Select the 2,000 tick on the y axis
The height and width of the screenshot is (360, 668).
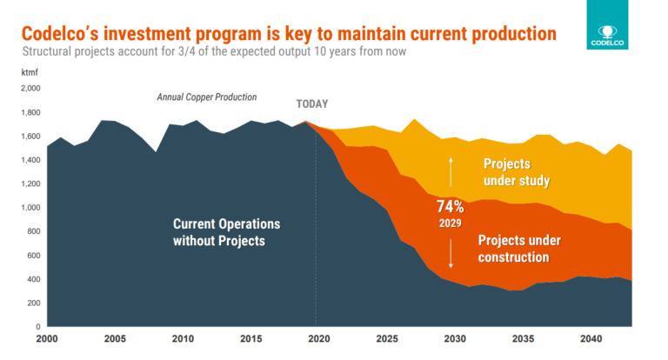tap(30, 89)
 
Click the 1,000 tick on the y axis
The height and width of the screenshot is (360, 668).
tap(30, 208)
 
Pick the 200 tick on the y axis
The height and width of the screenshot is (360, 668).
tap(33, 303)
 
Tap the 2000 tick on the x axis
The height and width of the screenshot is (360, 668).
tap(48, 339)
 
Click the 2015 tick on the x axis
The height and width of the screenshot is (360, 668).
tap(250, 339)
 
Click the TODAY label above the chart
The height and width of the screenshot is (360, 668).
tap(312, 104)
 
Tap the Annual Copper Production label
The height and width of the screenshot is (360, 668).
tap(206, 97)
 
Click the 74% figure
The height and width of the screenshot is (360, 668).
tap(451, 207)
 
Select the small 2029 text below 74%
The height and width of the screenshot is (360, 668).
tap(451, 223)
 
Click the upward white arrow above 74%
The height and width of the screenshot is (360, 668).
tap(451, 172)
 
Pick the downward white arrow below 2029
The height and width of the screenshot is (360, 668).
tap(451, 252)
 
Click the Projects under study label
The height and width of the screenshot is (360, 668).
tap(518, 172)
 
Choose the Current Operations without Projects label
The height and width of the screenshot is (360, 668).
tap(218, 231)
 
